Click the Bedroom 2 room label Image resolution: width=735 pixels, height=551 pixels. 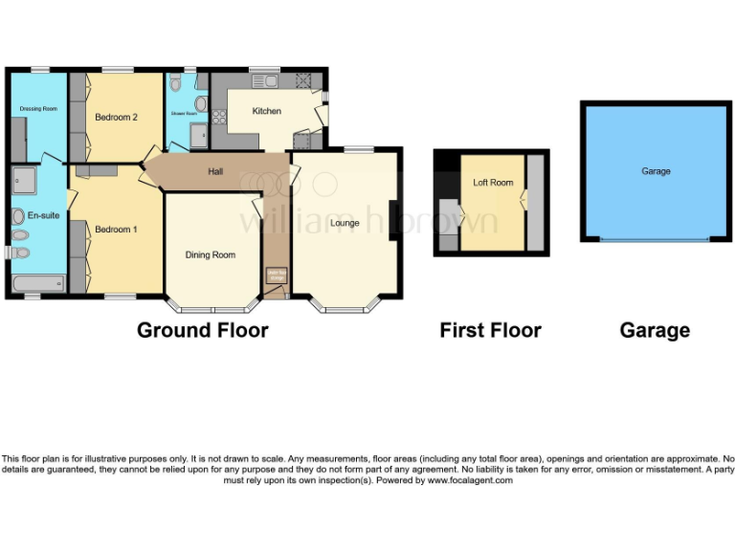pyautogui.click(x=117, y=118)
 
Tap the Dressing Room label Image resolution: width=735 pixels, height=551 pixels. pyautogui.click(x=39, y=109)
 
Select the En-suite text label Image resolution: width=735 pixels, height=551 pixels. pyautogui.click(x=43, y=216)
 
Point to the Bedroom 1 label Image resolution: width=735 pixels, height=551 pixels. pyautogui.click(x=116, y=230)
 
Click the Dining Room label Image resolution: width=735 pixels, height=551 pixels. pyautogui.click(x=211, y=254)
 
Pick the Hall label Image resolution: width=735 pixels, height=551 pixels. pyautogui.click(x=216, y=172)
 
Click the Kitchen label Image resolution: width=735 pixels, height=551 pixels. pyautogui.click(x=267, y=111)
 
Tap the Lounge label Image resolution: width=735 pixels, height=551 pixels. pyautogui.click(x=345, y=223)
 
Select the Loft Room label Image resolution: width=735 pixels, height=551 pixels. pyautogui.click(x=494, y=183)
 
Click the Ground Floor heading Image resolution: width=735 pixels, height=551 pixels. pyautogui.click(x=202, y=331)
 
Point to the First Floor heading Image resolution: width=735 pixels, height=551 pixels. pyautogui.click(x=490, y=331)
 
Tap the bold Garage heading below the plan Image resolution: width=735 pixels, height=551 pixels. pyautogui.click(x=655, y=331)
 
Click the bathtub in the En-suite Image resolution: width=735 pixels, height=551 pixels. pyautogui.click(x=38, y=283)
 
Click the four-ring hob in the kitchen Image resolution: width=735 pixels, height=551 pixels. pyautogui.click(x=219, y=118)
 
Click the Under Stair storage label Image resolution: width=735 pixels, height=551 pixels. pyautogui.click(x=276, y=275)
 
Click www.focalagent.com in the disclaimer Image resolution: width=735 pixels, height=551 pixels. pyautogui.click(x=470, y=480)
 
